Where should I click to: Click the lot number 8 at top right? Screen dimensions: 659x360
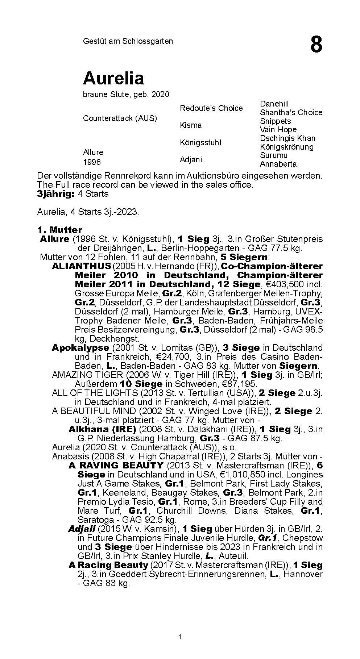316,45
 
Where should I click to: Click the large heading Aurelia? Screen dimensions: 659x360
113,78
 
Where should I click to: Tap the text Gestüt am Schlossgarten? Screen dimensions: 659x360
128,41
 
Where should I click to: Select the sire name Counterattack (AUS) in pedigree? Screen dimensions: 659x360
120,118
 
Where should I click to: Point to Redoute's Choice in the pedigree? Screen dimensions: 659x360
211,108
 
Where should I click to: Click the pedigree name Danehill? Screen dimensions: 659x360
274,104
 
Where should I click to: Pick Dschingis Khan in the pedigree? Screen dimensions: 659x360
287,138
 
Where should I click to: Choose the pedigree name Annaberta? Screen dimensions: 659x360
278,164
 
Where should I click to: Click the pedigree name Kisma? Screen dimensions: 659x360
191,125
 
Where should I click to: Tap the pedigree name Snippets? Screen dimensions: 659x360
275,121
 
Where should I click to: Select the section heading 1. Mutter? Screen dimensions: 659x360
59,230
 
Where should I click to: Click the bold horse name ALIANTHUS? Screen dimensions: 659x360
81,266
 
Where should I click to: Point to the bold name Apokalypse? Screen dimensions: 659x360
80,348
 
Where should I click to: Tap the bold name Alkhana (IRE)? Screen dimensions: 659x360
102,429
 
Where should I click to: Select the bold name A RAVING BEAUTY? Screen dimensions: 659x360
116,465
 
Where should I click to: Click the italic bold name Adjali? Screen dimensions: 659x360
82,529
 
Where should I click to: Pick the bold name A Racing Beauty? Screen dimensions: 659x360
108,565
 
